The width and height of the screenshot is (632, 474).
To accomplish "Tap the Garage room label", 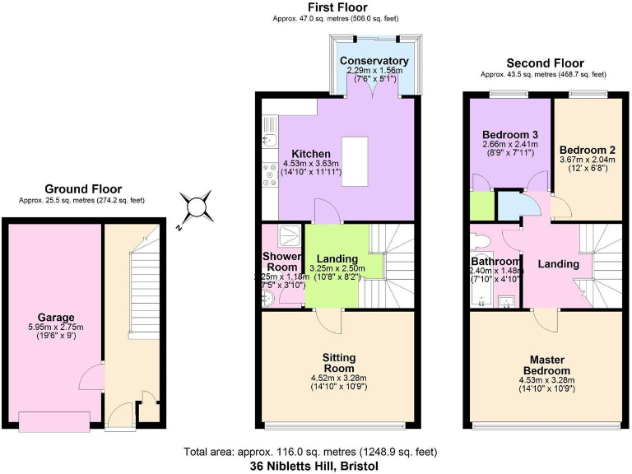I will (56, 317).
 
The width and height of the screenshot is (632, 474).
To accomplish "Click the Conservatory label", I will (374, 61).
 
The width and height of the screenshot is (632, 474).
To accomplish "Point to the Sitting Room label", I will (338, 362).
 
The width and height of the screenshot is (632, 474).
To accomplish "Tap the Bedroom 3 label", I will (510, 134).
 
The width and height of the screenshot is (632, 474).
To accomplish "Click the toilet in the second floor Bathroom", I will (481, 241).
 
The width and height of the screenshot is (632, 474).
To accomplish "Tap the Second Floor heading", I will (545, 63).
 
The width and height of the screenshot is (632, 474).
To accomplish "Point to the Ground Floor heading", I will (82, 188).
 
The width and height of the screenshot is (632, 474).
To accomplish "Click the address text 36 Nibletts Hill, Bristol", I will (315, 465).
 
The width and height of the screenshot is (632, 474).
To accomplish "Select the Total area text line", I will (315, 452).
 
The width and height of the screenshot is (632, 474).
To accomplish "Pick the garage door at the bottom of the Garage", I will (54, 422).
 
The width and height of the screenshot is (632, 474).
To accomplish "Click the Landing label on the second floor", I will (559, 264).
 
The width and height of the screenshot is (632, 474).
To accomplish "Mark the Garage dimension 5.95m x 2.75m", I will (56, 327).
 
